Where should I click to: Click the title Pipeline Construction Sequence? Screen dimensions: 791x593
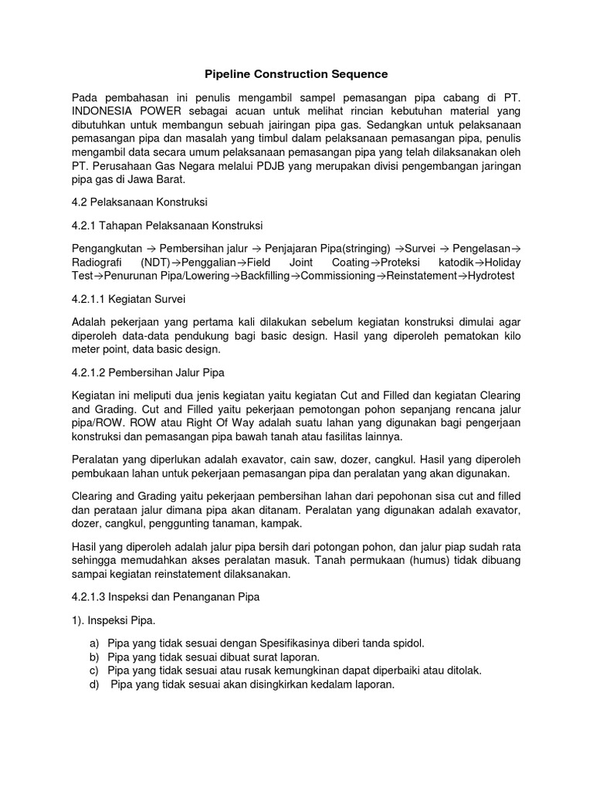[296, 74]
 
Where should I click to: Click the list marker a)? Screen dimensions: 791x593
[95, 643]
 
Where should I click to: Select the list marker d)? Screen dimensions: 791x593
[95, 684]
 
